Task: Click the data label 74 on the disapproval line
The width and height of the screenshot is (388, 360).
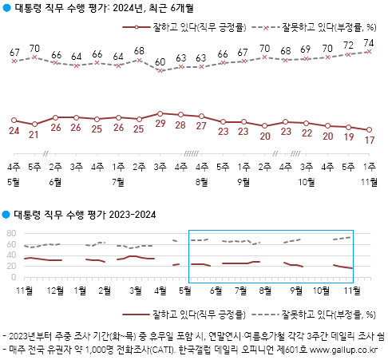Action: pyautogui.click(x=369, y=43)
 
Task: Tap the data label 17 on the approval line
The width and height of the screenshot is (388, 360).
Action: pyautogui.click(x=369, y=140)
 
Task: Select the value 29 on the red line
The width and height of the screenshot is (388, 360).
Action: pyautogui.click(x=160, y=125)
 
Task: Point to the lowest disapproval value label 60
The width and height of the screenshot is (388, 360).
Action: pyautogui.click(x=160, y=62)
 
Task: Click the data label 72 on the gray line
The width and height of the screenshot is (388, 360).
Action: pyautogui.click(x=348, y=45)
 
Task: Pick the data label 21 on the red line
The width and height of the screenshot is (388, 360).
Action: pyautogui.click(x=34, y=135)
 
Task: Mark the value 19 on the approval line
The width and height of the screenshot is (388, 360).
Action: pyautogui.click(x=348, y=137)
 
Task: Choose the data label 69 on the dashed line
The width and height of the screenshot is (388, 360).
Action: pyautogui.click(x=306, y=49)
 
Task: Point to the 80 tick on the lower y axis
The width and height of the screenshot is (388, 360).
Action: pyautogui.click(x=12, y=232)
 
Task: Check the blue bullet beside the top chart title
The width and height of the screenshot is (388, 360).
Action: pyautogui.click(x=6, y=9)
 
